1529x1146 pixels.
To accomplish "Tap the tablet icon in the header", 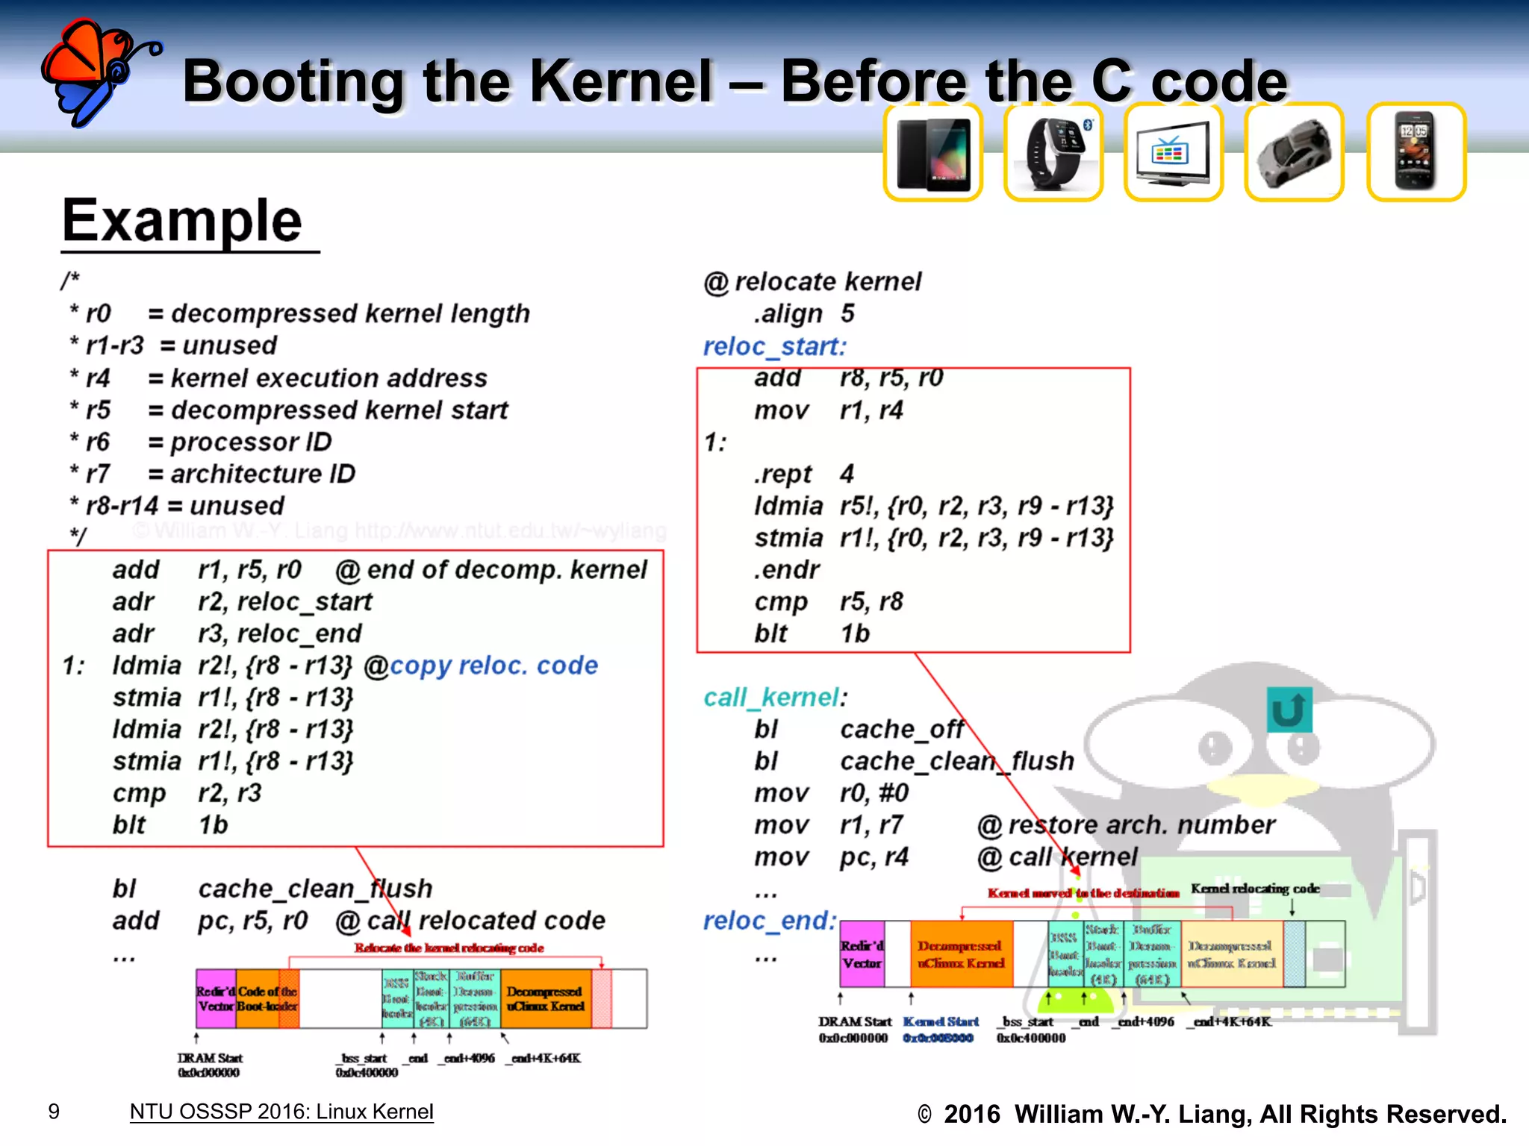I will point(933,153).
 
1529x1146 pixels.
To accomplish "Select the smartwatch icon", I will point(1053,153).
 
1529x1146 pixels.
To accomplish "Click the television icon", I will point(1174,153).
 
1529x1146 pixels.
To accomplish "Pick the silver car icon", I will point(1294,153).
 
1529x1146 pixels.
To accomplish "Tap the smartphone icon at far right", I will point(1416,153).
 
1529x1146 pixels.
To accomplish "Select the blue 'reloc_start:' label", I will point(774,346).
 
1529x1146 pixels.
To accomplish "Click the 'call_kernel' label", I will point(771,697).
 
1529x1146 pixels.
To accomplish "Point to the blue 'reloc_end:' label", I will point(770,921).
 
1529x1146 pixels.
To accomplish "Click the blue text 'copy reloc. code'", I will point(493,665).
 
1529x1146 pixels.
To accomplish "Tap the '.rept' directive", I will point(782,474).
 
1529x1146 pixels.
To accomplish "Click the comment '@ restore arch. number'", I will point(1126,824).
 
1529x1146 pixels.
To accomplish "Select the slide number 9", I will point(54,1112).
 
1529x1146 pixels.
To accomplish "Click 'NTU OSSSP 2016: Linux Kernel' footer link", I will point(281,1112).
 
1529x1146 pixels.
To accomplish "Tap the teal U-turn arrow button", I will point(1289,710).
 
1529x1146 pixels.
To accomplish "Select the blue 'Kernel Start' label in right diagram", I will point(940,1021).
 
